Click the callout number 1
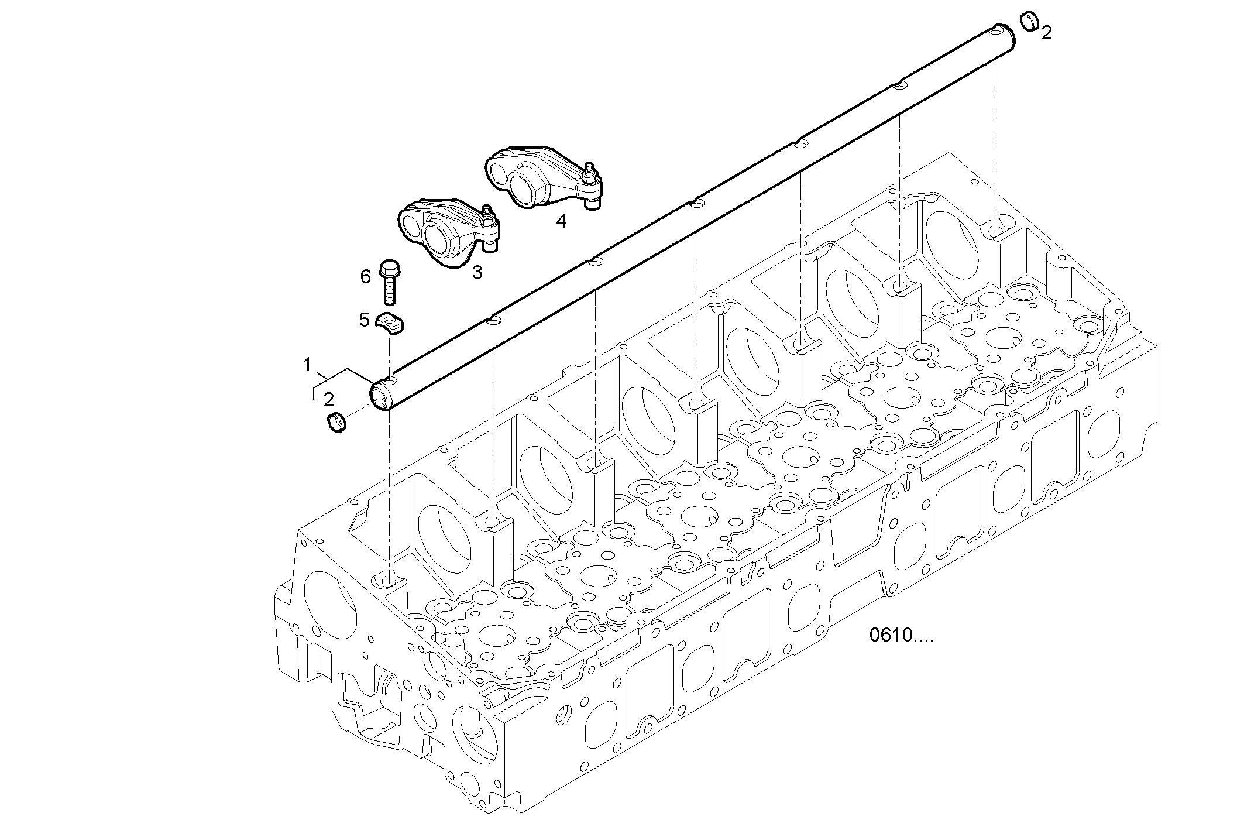point(307,365)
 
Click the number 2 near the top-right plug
point(1047,33)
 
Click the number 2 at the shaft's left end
point(329,400)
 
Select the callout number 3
point(477,272)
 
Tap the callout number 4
point(561,221)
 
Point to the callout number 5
point(365,320)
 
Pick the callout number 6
point(366,276)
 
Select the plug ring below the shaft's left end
point(336,423)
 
